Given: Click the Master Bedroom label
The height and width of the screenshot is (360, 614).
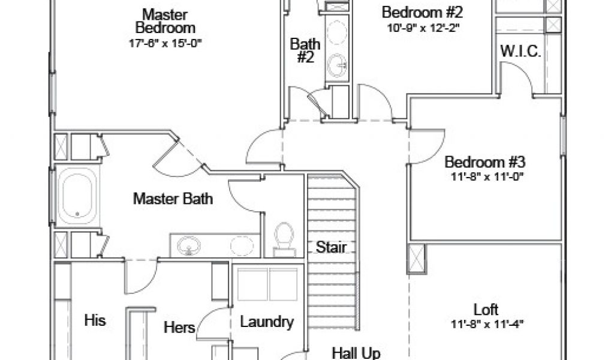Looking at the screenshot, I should (164, 20).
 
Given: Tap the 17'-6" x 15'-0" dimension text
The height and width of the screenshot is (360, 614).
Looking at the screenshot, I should (164, 43).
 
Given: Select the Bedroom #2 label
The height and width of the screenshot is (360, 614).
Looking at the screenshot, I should (422, 11).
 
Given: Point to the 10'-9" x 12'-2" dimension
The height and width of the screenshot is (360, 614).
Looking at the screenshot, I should (422, 27).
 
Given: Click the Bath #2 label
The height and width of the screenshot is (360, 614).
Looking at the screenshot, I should (305, 50).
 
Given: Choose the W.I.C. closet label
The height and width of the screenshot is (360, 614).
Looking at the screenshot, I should (521, 52).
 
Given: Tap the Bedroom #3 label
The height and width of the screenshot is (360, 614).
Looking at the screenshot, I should (485, 162).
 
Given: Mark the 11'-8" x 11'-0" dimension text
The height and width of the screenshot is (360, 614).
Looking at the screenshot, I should (485, 177).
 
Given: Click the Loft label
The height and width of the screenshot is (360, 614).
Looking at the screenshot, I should (486, 310).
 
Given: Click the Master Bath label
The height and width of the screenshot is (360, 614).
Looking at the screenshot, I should (173, 199).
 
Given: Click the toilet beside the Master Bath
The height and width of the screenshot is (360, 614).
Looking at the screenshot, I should (284, 237).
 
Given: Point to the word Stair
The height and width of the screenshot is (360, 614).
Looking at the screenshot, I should (331, 247).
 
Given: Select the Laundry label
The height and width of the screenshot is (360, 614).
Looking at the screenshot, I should (267, 322).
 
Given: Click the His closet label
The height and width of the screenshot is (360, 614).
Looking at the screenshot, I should (95, 320).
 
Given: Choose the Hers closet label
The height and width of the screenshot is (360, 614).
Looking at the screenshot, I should (180, 328).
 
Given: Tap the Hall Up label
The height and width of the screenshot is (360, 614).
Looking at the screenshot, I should (356, 353).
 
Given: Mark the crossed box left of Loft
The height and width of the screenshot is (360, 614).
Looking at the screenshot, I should (417, 259).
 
